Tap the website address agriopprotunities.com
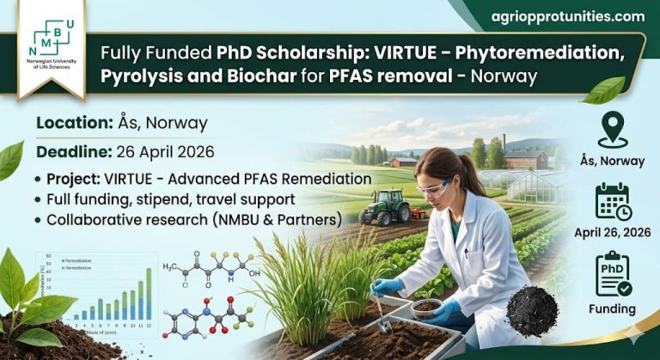point(567,16)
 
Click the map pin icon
point(613,130)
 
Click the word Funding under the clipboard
point(613,308)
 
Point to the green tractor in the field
point(383,207)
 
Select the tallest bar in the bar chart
point(149,289)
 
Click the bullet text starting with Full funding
point(168,199)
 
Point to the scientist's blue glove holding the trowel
point(388,287)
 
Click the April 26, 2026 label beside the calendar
point(613,232)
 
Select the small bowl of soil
point(427,308)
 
